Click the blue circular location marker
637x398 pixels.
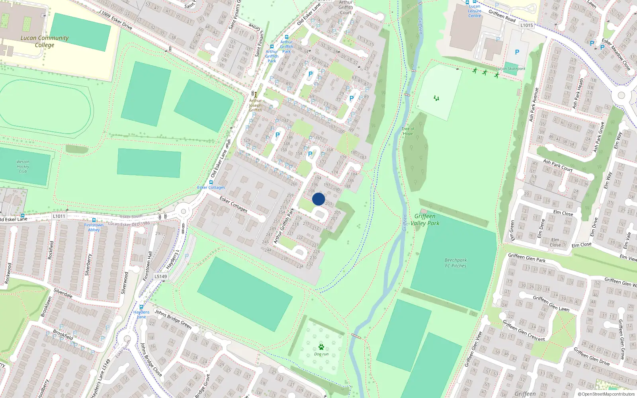[318, 199]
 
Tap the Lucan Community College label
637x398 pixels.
[45, 41]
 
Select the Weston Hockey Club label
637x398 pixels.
[23, 166]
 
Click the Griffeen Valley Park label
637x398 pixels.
[425, 219]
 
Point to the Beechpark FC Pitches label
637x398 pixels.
[455, 263]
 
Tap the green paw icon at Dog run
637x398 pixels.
[321, 347]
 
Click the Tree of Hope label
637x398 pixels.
[408, 131]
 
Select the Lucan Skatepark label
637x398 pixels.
[511, 68]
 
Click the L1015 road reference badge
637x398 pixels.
[526, 25]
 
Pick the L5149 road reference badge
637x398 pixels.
[161, 276]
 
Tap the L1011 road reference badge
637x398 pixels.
[59, 216]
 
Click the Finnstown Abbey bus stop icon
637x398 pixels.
[94, 220]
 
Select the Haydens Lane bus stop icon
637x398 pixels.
[141, 307]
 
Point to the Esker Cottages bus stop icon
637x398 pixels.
[211, 182]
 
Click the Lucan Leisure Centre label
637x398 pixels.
[475, 11]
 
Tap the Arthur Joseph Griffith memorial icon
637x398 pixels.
[256, 95]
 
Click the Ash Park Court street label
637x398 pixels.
[558, 166]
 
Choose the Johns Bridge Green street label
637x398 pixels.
[173, 319]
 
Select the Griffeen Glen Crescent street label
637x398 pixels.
[524, 330]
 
